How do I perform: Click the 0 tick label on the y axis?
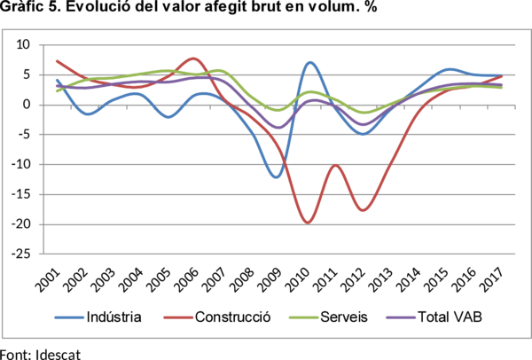coord(27,105)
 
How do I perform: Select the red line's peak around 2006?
coord(196,59)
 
